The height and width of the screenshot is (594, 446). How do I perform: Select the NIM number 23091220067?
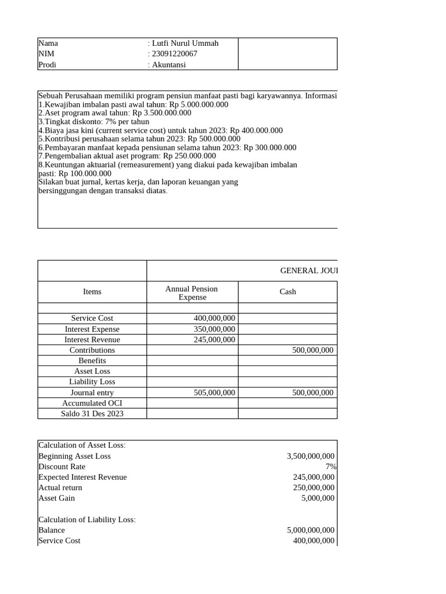[x=174, y=54]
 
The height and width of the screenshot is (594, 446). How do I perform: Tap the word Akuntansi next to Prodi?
[x=168, y=65]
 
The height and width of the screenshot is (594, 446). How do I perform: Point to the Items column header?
[x=92, y=292]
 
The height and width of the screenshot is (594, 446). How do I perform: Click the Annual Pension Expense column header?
[x=192, y=293]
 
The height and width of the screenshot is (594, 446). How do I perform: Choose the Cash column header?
[x=287, y=292]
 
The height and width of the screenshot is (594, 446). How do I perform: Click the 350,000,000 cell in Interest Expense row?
[x=214, y=329]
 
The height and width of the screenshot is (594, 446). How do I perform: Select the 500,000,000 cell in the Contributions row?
[x=312, y=350]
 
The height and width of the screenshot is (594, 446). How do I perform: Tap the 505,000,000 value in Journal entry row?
[x=214, y=393]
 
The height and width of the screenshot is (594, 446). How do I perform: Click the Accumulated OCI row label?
[x=92, y=403]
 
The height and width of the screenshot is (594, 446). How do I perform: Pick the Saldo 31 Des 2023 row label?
[x=92, y=414]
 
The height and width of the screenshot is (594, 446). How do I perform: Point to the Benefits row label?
[x=92, y=361]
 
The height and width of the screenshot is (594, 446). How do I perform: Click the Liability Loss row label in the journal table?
[x=92, y=382]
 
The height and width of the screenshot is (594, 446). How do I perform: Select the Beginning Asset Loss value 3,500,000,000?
[x=311, y=457]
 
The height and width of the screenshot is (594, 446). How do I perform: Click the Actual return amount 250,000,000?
[x=314, y=488]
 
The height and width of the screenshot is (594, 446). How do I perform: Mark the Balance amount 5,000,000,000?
[x=311, y=530]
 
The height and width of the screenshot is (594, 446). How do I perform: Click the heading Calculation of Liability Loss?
[x=87, y=520]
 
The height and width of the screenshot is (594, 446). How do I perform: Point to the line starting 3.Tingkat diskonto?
[x=93, y=122]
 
